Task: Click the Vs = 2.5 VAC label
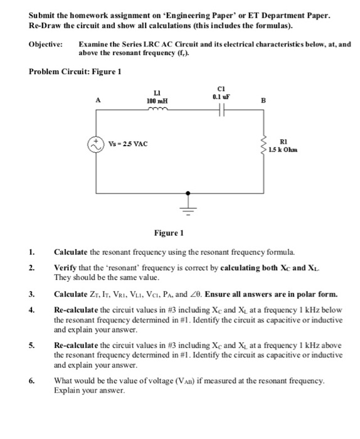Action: (x=129, y=144)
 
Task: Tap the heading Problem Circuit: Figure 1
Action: (x=75, y=70)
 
